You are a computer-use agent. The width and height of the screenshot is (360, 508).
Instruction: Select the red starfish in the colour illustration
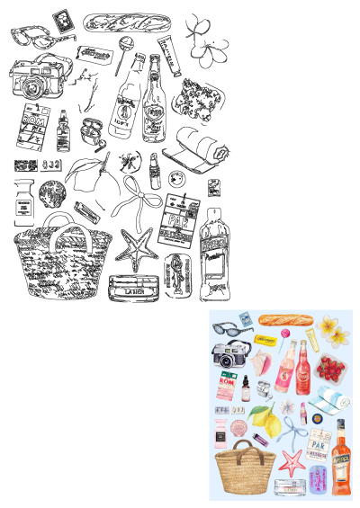[x=292, y=463]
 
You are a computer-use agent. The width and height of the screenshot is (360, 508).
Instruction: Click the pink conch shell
[x=260, y=363]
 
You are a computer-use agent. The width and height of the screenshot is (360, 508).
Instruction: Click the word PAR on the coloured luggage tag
[x=317, y=442]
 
